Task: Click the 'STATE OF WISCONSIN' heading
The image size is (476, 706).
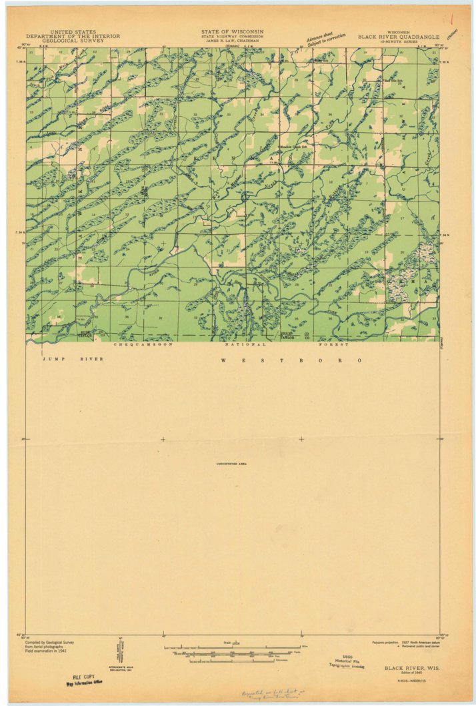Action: point(232,31)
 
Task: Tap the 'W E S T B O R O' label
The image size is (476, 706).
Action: point(292,360)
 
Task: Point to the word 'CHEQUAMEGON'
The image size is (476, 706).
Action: point(143,344)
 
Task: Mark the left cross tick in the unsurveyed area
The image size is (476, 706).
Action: point(163,439)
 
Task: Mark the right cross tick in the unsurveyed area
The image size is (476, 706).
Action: point(301,439)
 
